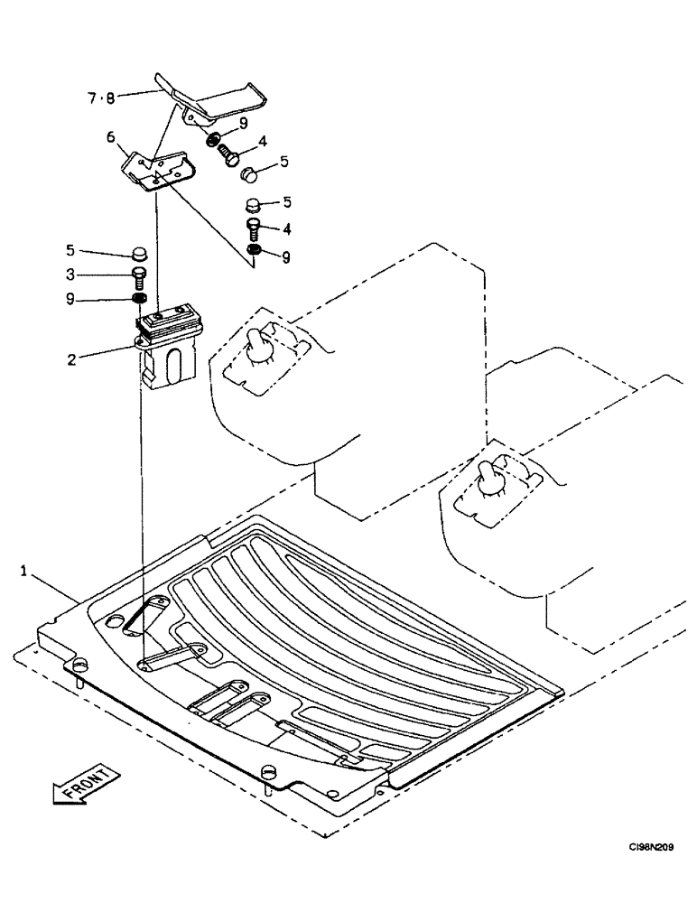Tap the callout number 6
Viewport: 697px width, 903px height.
point(111,137)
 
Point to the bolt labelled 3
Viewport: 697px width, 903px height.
point(139,275)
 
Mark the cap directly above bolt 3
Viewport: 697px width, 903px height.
point(139,251)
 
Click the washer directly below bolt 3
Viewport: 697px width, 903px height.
point(139,299)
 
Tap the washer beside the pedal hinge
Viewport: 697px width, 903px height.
point(213,139)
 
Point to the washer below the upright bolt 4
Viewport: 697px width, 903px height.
point(255,249)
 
